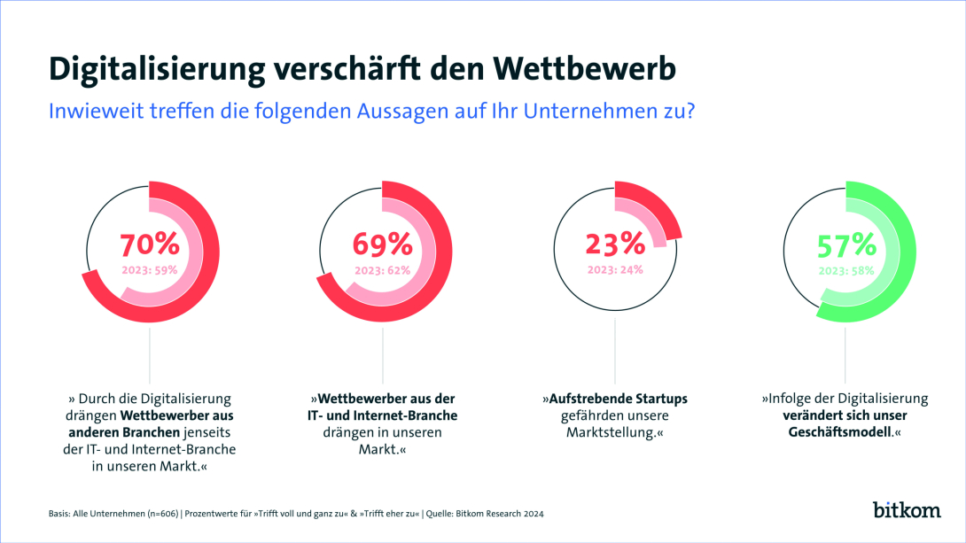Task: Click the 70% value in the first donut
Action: pyautogui.click(x=149, y=243)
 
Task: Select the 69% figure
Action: pyautogui.click(x=382, y=243)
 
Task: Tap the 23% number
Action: pyautogui.click(x=615, y=243)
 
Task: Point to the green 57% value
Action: pyautogui.click(x=846, y=243)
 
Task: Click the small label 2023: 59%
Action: pyautogui.click(x=149, y=270)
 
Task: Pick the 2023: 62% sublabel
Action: pyautogui.click(x=382, y=270)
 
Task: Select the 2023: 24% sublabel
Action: pyautogui.click(x=615, y=270)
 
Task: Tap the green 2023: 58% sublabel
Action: pyautogui.click(x=846, y=270)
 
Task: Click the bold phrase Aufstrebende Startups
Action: pyautogui.click(x=615, y=399)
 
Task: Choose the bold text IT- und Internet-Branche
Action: pyautogui.click(x=382, y=415)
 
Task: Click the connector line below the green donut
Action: pyautogui.click(x=846, y=354)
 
